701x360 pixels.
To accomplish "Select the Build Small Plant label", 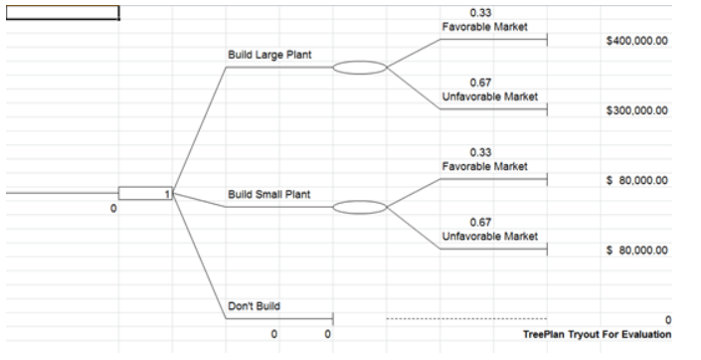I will click(x=269, y=194).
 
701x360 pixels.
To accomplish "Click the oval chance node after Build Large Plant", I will click(x=358, y=69).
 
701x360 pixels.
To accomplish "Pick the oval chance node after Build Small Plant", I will click(x=358, y=208).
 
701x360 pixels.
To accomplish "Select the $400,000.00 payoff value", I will click(x=636, y=41).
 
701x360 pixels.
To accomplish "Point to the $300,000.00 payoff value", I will click(x=636, y=110).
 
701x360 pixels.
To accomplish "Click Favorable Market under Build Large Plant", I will click(x=485, y=26).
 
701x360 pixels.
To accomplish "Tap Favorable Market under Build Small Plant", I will click(x=485, y=165).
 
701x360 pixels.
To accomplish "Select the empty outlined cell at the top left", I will click(x=62, y=13).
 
